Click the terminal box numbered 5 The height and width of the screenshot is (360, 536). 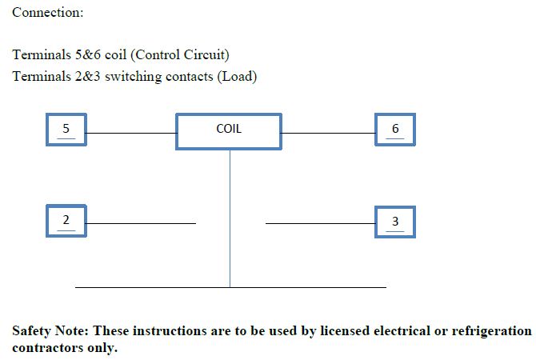66,130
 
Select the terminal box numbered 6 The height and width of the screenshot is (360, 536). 395,130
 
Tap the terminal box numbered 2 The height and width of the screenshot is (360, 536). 66,222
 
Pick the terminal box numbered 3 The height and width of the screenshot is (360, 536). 395,222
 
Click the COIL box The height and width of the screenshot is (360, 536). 229,130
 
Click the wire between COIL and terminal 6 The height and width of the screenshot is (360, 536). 328,134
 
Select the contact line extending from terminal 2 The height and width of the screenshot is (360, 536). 141,223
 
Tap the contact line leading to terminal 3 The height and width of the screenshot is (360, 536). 320,223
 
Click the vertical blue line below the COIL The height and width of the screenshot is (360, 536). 230,216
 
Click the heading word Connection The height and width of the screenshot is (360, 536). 47,13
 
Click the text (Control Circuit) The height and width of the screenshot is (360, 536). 180,55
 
